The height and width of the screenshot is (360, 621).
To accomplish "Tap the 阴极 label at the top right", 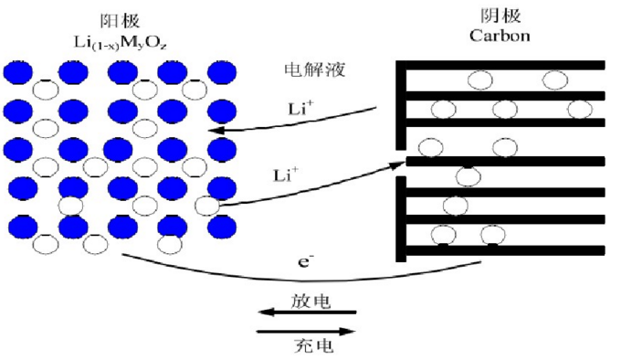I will click(x=497, y=17).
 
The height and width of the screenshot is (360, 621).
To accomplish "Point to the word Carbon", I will click(x=498, y=37).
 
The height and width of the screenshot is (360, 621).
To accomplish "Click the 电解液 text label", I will click(x=306, y=69).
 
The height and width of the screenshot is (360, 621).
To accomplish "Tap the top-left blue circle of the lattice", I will click(x=17, y=72).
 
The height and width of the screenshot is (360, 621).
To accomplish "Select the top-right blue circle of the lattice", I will click(x=221, y=72).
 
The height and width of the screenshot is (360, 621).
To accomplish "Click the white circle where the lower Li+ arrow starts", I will click(x=207, y=204).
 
